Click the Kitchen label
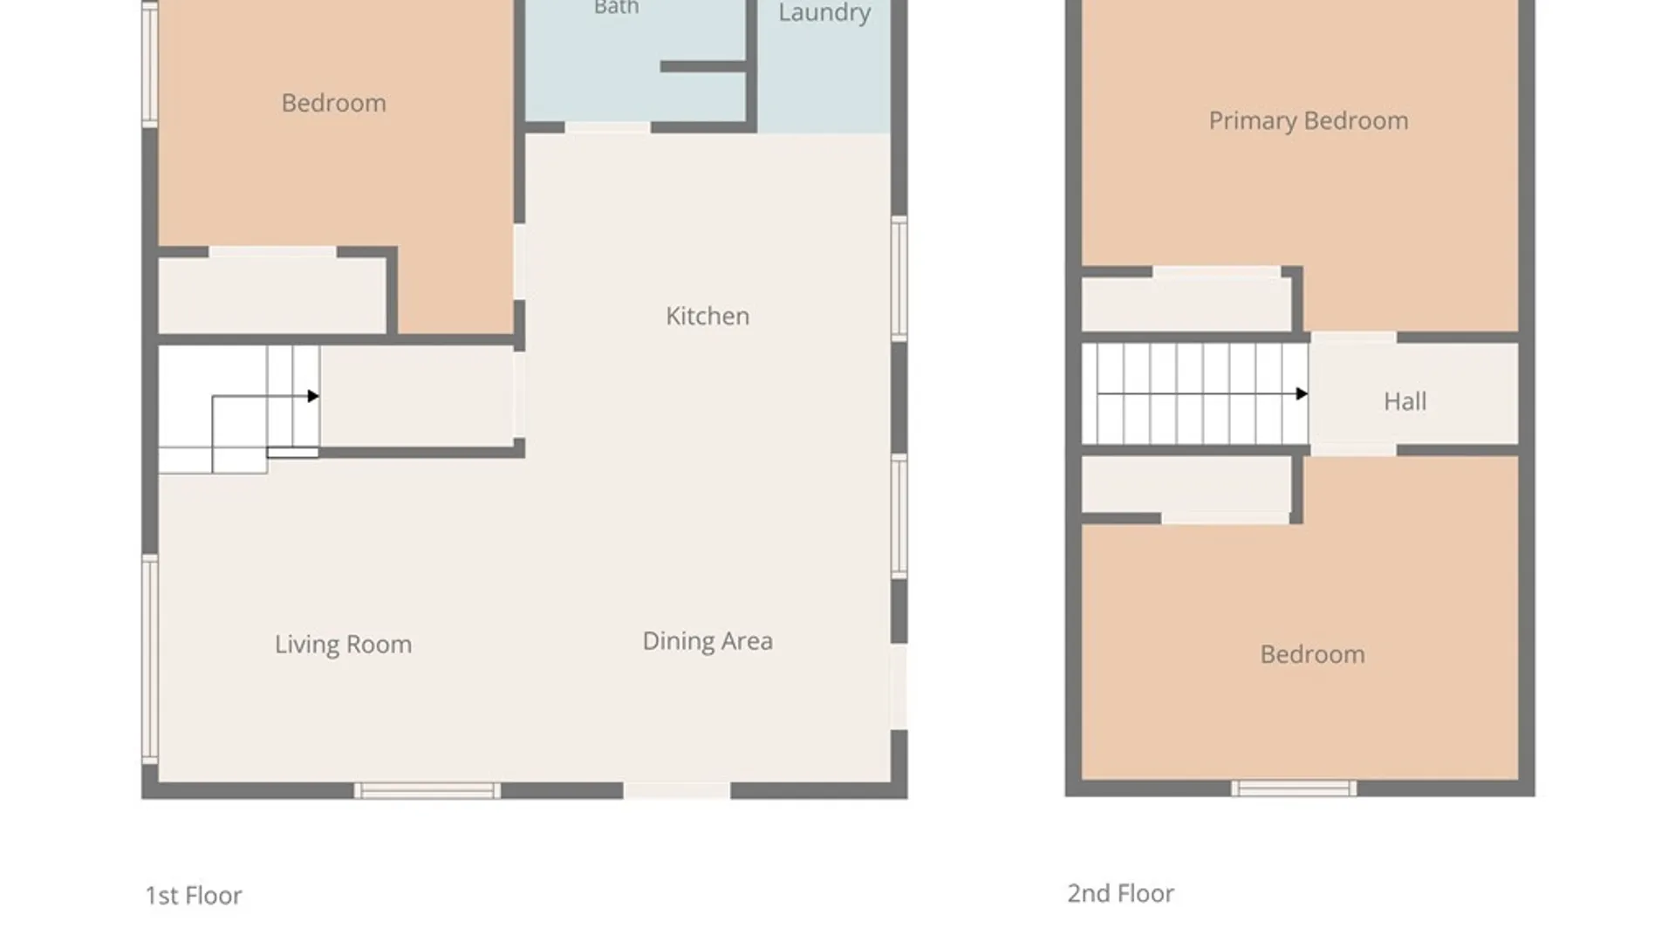tap(708, 316)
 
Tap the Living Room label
tap(343, 645)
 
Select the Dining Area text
tap(708, 641)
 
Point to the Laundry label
tap(824, 13)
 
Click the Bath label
tap(617, 8)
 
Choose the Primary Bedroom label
tap(1309, 121)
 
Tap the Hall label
tap(1405, 401)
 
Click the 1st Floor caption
tap(194, 896)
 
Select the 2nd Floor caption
tap(1121, 893)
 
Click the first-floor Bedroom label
tap(334, 103)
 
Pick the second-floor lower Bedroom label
tap(1313, 654)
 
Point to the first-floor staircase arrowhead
tap(313, 396)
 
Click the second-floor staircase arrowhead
tap(1302, 394)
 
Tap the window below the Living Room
tap(427, 791)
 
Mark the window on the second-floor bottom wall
tap(1294, 788)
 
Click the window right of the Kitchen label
tap(899, 278)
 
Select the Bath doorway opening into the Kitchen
tap(608, 128)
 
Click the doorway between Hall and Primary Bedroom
tap(1353, 338)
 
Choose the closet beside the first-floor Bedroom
tap(271, 295)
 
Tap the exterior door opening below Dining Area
tap(677, 791)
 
